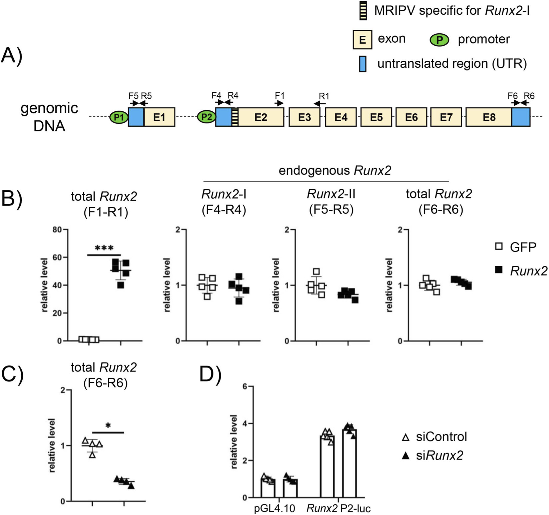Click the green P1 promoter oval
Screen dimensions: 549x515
[119, 117]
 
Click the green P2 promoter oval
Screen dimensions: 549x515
[206, 117]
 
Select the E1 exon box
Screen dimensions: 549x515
[159, 117]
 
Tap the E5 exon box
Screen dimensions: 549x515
[376, 117]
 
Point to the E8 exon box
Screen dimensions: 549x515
[489, 117]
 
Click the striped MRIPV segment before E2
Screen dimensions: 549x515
[234, 117]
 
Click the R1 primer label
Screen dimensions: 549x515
[324, 96]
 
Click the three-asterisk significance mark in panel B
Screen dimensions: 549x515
[104, 248]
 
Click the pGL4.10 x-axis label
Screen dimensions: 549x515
[274, 508]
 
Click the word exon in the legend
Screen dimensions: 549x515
[392, 39]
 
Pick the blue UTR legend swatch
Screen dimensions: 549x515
[363, 64]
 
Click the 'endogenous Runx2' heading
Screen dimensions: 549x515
[335, 171]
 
